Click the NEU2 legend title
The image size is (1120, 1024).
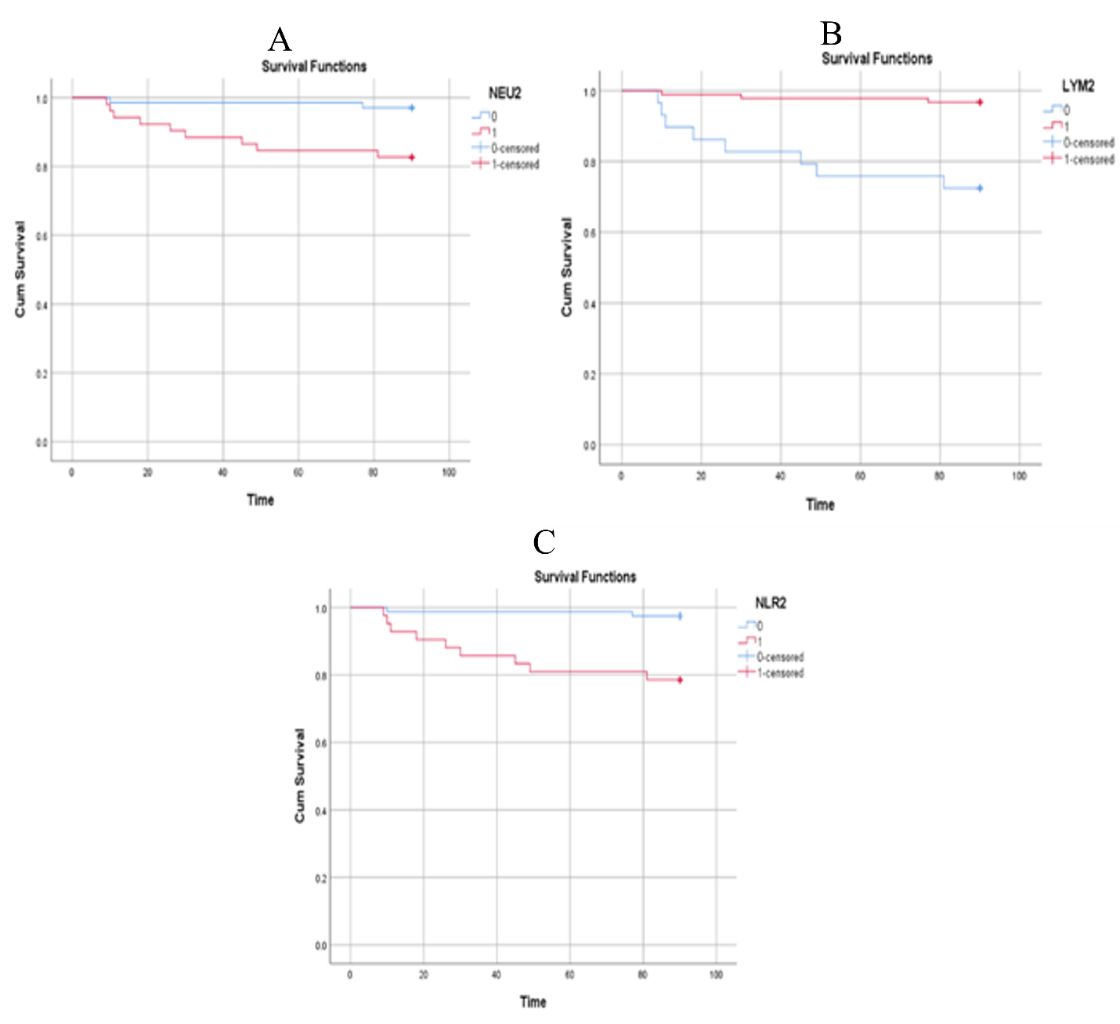coord(504,93)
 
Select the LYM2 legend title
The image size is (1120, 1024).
coord(1078,86)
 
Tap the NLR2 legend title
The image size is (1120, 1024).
coord(770,602)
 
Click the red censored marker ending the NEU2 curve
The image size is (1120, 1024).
coord(412,157)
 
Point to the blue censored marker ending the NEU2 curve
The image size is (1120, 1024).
coord(412,107)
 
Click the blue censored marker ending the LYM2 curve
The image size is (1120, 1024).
coord(980,188)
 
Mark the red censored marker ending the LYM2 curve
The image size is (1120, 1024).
coord(980,102)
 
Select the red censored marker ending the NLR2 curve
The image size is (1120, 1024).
coord(680,680)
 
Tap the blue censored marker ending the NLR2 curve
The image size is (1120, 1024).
coord(680,616)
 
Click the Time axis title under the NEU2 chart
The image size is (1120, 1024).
coord(260,500)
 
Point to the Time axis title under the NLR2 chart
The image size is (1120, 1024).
coord(533,1001)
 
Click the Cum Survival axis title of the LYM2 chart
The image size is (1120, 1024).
coord(567,267)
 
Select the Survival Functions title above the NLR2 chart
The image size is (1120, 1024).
coord(585,577)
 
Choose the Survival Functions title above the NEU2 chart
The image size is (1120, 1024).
coord(314,67)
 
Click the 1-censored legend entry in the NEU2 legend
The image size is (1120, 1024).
coord(515,164)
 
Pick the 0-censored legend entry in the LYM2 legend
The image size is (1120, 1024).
coord(1088,143)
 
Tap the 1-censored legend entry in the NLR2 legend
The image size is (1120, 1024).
coord(779,673)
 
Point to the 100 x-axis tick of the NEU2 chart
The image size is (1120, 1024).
coord(449,472)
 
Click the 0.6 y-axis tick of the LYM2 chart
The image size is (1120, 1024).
coord(589,233)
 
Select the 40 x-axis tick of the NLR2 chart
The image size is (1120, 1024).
coord(497,975)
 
